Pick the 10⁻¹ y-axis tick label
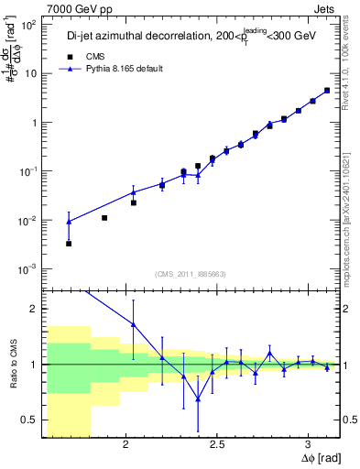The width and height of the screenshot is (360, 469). click(28, 171)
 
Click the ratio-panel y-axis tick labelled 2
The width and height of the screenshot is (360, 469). click(35, 309)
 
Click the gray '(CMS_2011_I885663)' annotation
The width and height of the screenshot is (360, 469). click(191, 273)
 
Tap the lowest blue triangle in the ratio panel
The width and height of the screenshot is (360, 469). click(198, 398)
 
